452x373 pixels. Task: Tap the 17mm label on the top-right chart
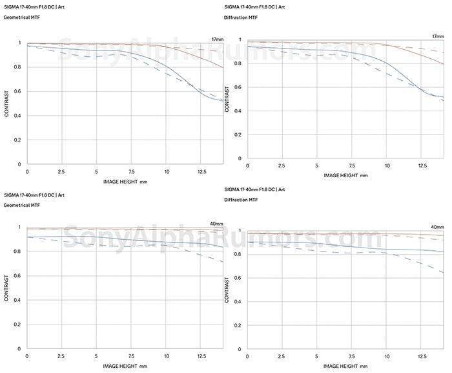point(438,37)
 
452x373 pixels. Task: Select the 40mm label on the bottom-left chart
point(216,224)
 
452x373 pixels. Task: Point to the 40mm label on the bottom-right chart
point(438,227)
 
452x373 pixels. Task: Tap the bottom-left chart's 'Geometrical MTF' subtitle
point(22,205)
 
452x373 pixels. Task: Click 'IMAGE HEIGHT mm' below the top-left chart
point(126,182)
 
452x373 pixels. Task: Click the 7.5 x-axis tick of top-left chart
point(131,172)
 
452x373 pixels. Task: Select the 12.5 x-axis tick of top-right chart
point(422,166)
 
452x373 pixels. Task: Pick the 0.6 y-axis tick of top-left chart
point(19,91)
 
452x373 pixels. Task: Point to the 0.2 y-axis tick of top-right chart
point(240,134)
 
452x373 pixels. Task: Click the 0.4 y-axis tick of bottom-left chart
point(19,301)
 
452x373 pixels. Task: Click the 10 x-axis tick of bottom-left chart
point(166,357)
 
